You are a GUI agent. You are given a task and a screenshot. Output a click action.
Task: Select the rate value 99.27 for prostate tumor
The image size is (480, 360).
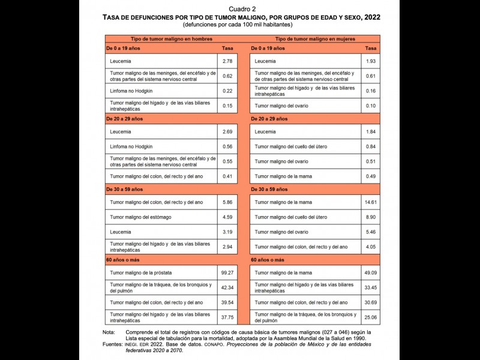(x=227, y=272)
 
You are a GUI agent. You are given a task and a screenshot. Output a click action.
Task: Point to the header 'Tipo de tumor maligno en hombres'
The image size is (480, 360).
(x=169, y=38)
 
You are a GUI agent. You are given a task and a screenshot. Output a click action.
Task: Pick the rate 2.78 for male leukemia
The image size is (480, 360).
(x=227, y=61)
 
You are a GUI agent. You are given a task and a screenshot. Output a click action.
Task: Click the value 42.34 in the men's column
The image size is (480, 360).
(x=227, y=287)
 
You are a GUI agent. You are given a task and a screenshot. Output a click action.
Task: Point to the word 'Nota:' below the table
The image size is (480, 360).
(x=109, y=332)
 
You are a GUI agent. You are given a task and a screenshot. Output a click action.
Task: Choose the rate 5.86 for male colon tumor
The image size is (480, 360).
(x=227, y=203)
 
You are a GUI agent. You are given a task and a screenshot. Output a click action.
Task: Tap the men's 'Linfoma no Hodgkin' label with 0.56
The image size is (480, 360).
(x=131, y=146)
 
